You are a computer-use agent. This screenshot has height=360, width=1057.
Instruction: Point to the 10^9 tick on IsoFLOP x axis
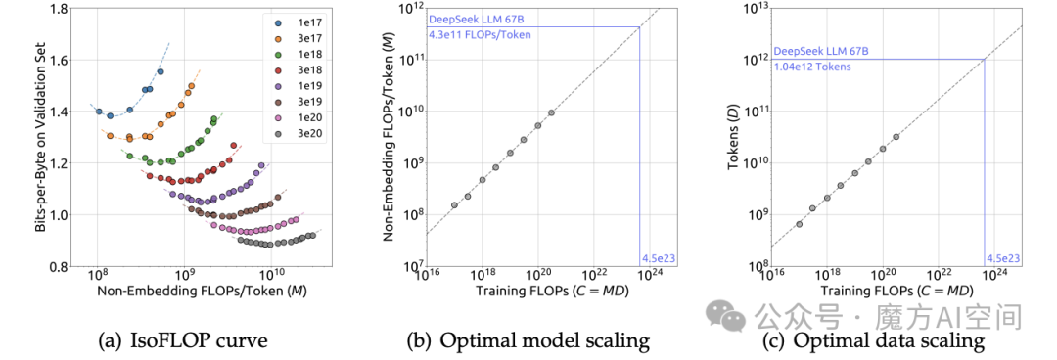(185, 277)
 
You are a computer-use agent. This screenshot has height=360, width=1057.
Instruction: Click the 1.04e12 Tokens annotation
(812, 67)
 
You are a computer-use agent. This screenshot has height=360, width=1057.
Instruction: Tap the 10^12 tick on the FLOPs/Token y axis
(410, 9)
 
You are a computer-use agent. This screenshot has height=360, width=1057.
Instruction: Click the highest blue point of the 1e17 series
(161, 71)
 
